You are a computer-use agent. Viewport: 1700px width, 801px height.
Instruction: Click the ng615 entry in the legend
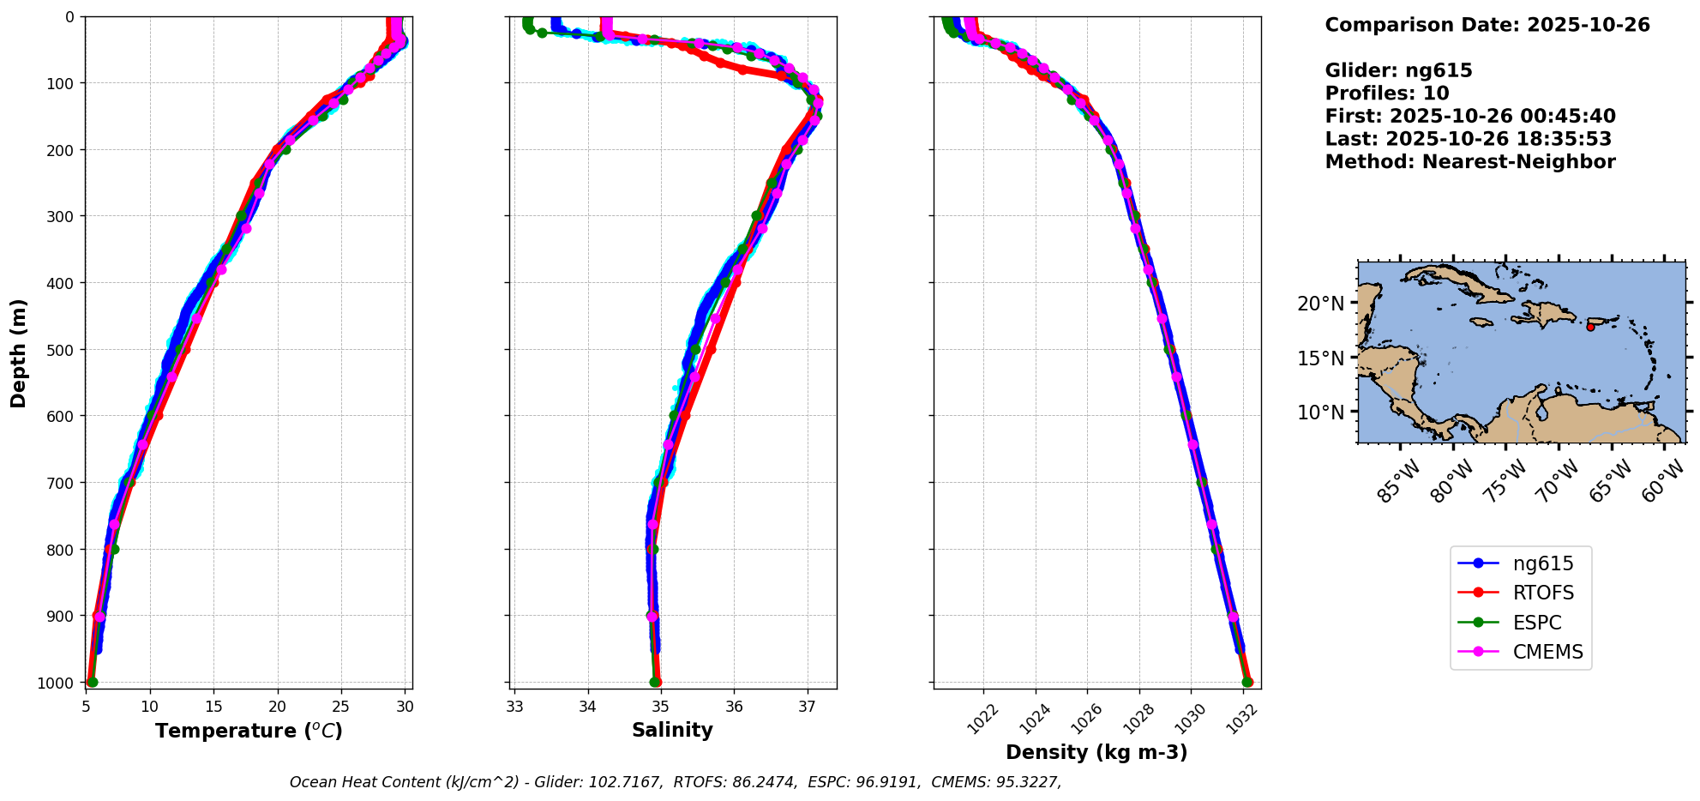click(x=1542, y=563)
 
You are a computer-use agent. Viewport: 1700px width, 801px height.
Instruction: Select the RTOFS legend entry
click(x=1542, y=593)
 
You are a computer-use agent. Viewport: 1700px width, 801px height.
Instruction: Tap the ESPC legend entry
click(x=1536, y=623)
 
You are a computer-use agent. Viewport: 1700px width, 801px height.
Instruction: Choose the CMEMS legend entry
click(x=1547, y=652)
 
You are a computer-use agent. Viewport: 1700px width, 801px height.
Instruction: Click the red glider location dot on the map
click(x=1590, y=327)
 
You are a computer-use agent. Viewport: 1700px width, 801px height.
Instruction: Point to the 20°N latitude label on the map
click(x=1320, y=304)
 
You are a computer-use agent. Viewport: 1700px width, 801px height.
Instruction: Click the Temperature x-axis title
click(x=249, y=731)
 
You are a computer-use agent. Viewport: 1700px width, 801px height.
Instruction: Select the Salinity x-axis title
click(x=672, y=730)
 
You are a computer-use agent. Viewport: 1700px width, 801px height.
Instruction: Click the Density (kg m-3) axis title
click(x=1096, y=752)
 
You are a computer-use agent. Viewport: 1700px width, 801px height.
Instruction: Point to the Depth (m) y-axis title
click(x=19, y=353)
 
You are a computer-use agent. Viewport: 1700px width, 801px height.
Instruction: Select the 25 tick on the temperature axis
click(x=341, y=707)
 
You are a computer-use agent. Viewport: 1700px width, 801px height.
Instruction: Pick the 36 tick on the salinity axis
click(x=734, y=707)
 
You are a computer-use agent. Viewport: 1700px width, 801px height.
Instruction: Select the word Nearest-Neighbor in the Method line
click(x=1518, y=162)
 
